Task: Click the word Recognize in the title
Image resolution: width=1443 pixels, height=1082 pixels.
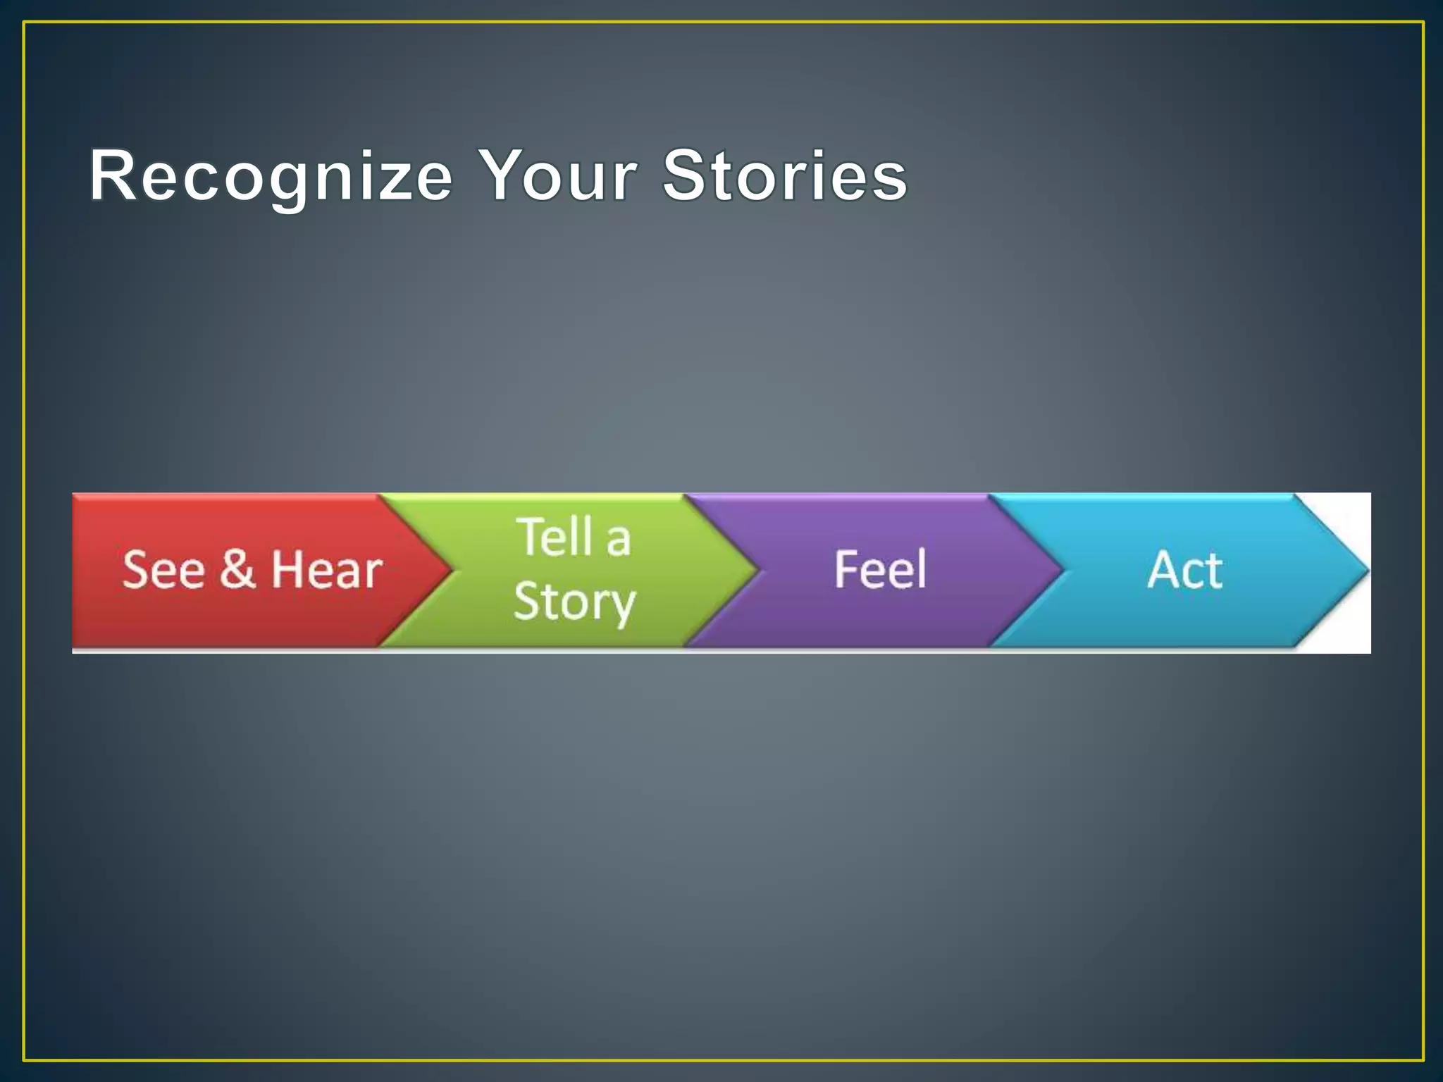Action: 271,176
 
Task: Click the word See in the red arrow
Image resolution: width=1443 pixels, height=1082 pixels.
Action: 163,570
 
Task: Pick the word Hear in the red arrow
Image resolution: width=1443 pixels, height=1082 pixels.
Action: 327,570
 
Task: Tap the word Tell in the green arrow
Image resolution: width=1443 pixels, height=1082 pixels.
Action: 555,537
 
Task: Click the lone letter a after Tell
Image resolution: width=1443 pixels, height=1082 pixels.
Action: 618,541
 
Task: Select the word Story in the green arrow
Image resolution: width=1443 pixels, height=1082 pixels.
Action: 574,602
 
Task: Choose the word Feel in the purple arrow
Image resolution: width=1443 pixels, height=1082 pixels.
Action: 880,570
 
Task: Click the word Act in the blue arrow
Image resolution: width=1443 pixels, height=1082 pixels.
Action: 1185,570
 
